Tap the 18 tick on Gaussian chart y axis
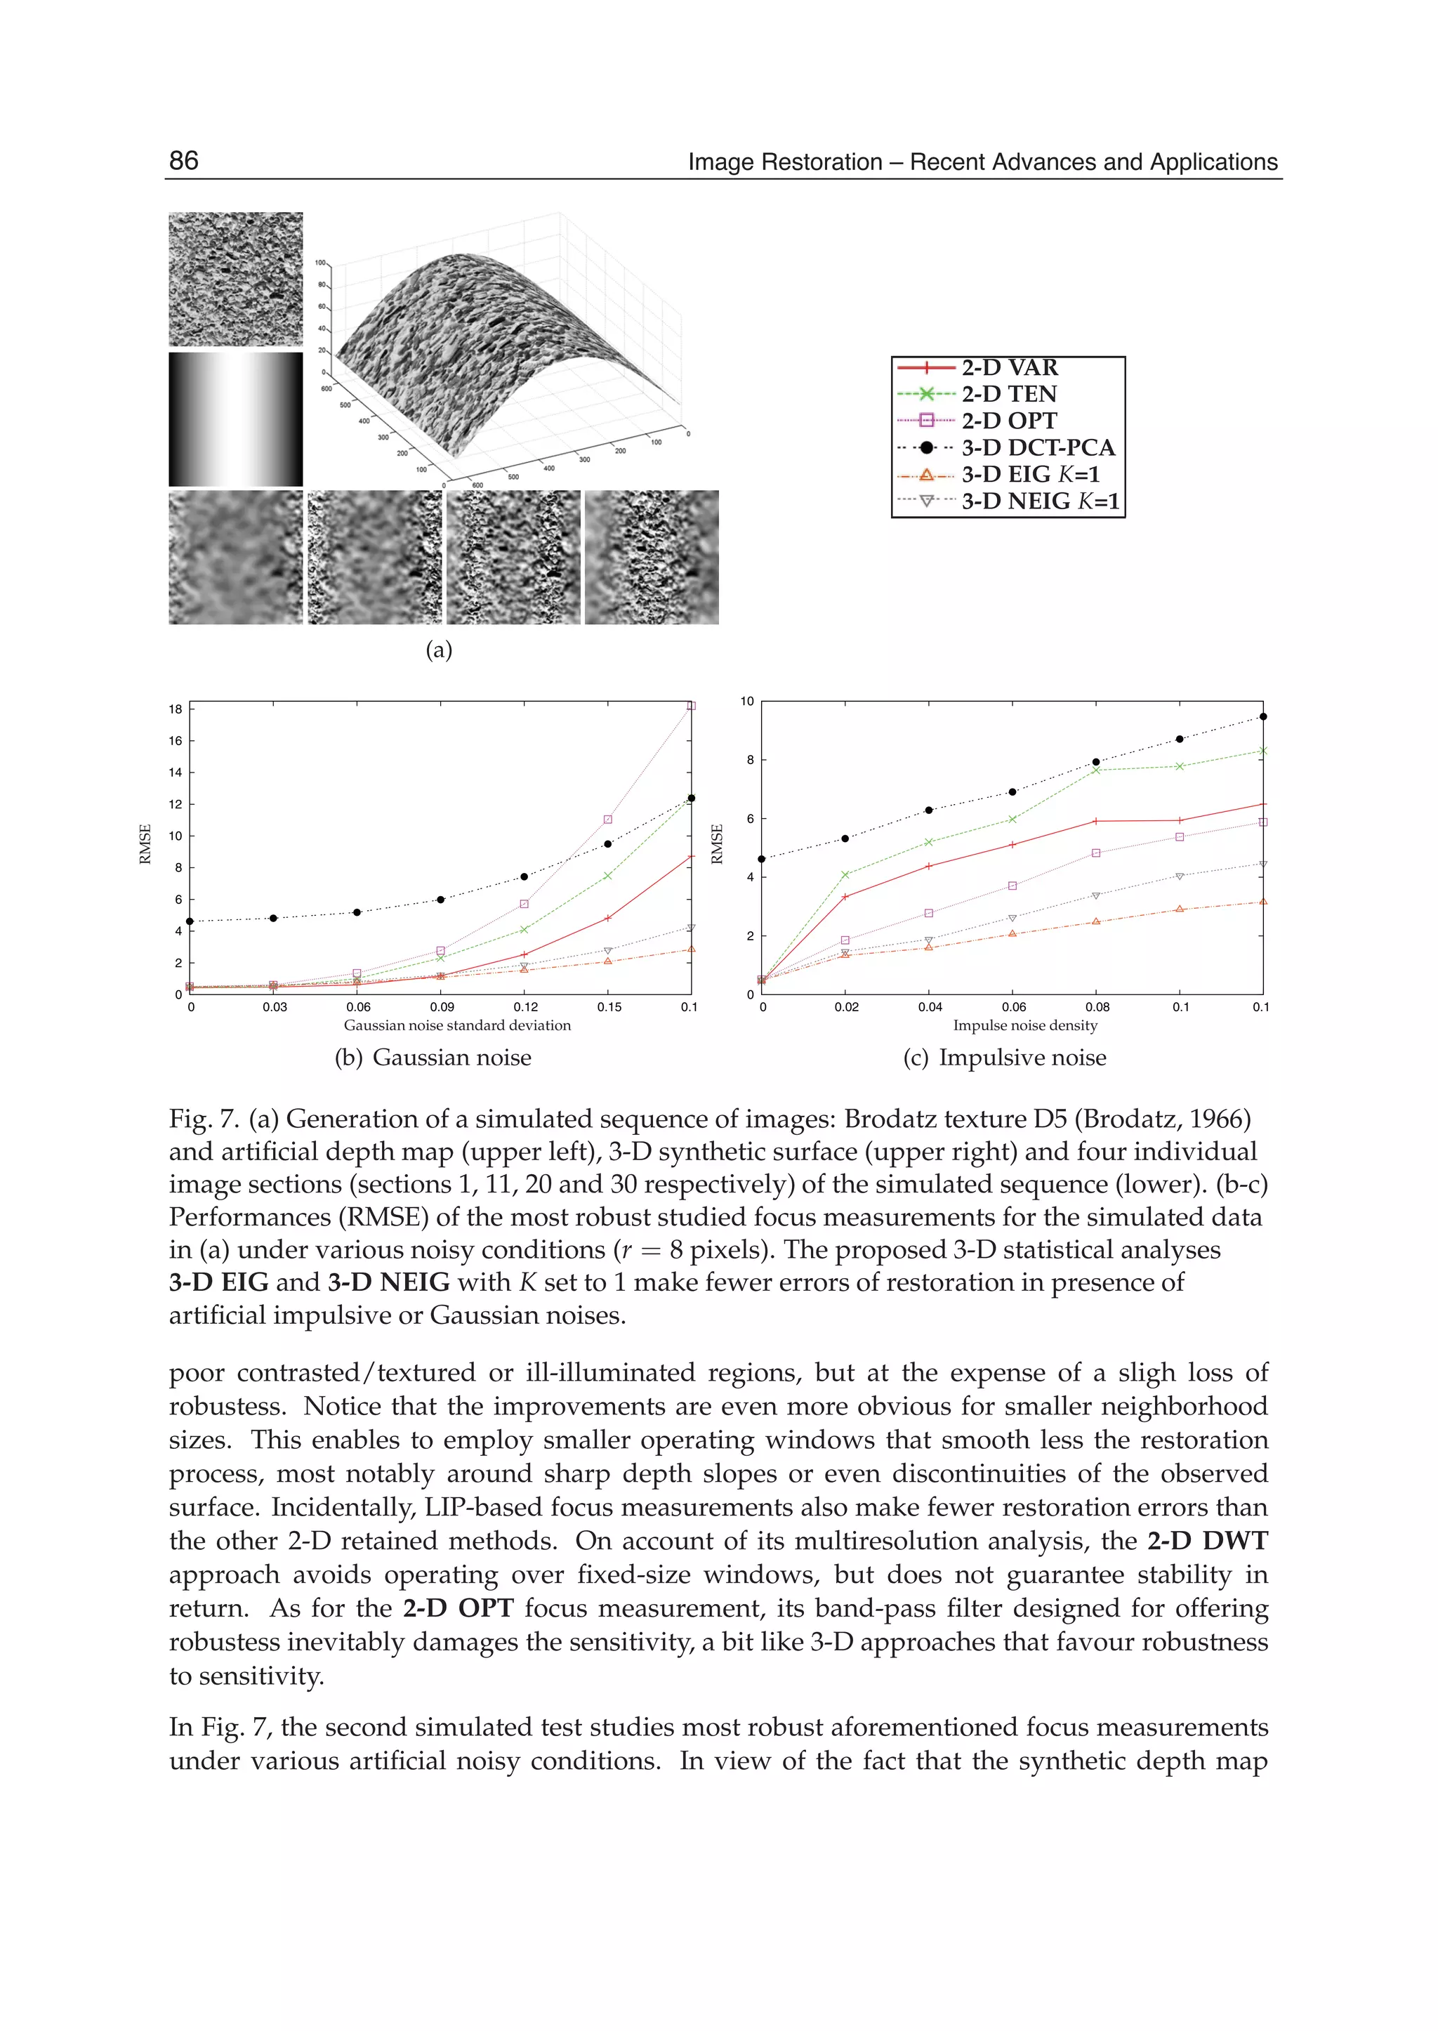(176, 709)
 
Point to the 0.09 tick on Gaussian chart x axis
(442, 1007)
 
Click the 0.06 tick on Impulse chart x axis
(1014, 1007)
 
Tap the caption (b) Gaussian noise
(433, 1058)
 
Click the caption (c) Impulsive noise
(1004, 1058)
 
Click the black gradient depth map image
(235, 419)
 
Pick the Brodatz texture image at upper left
(235, 279)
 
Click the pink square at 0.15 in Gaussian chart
(607, 820)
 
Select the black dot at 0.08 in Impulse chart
(1096, 762)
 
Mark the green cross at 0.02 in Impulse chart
(845, 874)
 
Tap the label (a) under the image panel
(439, 650)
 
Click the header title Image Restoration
(983, 162)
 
